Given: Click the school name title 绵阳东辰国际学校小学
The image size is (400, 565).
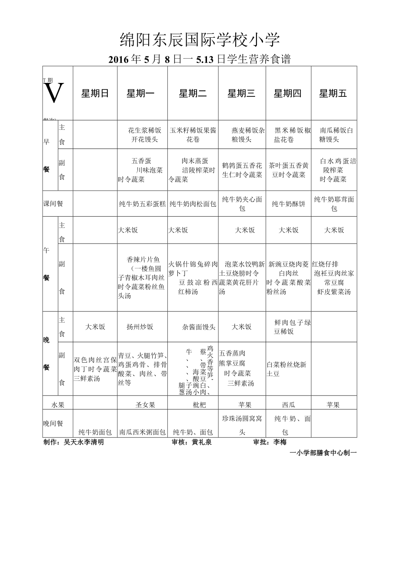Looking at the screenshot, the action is (x=200, y=41).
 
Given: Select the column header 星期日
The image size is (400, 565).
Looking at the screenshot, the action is (x=95, y=93).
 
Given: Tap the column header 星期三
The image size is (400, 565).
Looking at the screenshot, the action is (x=241, y=93).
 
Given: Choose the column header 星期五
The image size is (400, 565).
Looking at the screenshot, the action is (x=333, y=93).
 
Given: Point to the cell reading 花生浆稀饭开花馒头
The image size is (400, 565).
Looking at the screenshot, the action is (x=145, y=135).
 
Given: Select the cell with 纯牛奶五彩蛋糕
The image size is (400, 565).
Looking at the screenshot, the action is (x=142, y=204).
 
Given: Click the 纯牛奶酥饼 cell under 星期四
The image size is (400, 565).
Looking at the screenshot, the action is (x=289, y=204).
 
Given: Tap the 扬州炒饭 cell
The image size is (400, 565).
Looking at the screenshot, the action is (x=140, y=327).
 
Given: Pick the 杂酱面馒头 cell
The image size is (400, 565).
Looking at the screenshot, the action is (x=199, y=327).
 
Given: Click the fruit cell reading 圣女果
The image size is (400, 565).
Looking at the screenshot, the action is (x=145, y=405).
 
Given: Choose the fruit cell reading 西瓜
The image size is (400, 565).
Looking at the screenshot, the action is (x=289, y=405).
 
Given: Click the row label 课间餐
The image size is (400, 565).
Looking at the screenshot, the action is (x=53, y=204).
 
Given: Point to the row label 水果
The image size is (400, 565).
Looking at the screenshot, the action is (x=58, y=405).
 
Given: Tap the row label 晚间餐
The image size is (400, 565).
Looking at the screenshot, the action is (x=53, y=423).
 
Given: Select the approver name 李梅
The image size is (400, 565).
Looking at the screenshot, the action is (x=280, y=443).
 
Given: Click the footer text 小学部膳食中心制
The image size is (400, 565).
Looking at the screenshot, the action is (x=323, y=453).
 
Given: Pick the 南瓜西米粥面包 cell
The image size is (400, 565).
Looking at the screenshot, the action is (x=142, y=432).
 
